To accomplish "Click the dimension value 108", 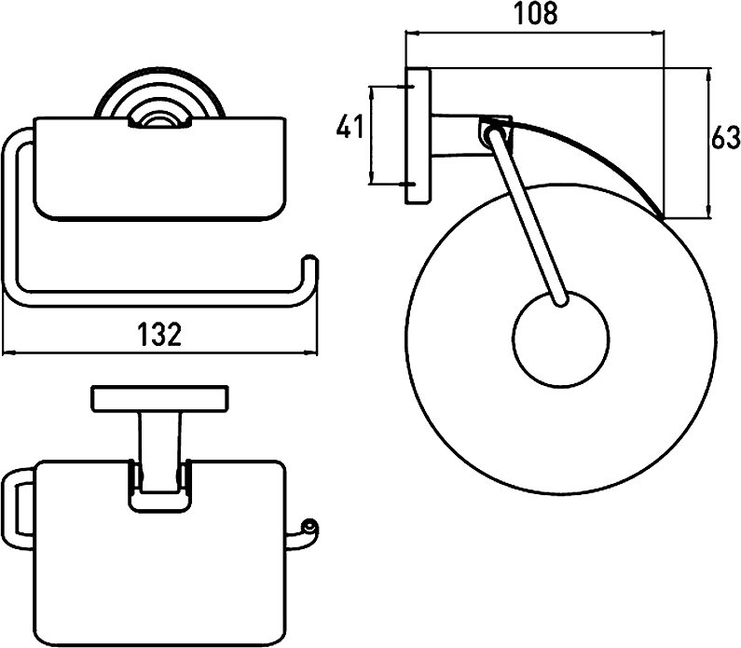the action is point(536,14).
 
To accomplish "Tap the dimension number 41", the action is point(350,127).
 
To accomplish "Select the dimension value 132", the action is point(159,334).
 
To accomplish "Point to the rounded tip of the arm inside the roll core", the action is point(561,300).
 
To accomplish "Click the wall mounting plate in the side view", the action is point(418,136).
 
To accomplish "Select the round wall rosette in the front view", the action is point(159,95).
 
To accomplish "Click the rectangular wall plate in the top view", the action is point(159,399).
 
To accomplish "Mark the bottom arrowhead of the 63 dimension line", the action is point(708,212).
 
